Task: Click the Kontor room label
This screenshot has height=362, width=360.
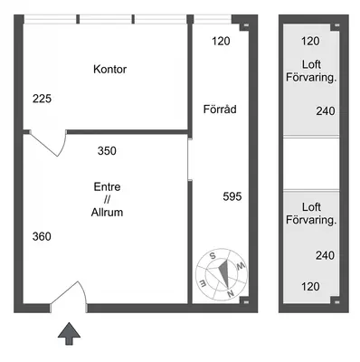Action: (x=109, y=70)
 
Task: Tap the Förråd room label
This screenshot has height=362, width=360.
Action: (x=220, y=109)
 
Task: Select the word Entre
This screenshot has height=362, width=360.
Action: (x=107, y=186)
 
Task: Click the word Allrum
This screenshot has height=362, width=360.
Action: (x=107, y=213)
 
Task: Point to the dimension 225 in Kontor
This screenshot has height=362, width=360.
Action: (x=42, y=99)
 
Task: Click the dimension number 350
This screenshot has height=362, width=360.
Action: (x=107, y=151)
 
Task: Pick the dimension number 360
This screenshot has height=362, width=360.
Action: (x=42, y=236)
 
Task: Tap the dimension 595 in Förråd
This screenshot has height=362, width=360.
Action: (x=232, y=196)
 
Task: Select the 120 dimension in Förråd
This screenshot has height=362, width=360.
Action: (x=221, y=41)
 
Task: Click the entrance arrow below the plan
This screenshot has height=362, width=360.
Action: (x=70, y=333)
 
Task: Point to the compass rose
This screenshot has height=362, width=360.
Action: (x=222, y=274)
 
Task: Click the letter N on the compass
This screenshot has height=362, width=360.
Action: (x=231, y=293)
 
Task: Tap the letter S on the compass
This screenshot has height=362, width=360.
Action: (x=213, y=256)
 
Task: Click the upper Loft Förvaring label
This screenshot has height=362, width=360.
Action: (x=311, y=71)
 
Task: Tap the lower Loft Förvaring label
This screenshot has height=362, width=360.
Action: (x=311, y=214)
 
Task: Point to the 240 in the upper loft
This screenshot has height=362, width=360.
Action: (x=326, y=111)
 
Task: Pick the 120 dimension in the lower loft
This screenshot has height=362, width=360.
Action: (x=310, y=287)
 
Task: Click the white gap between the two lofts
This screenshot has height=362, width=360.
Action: (x=311, y=164)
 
